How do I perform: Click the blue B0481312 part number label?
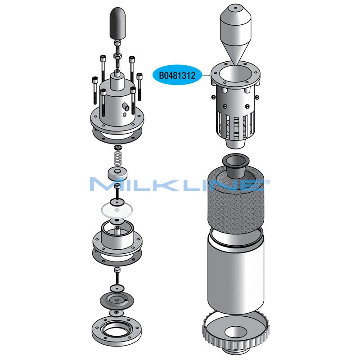(177, 75)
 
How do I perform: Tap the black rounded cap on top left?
(118, 23)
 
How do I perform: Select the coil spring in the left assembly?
(118, 158)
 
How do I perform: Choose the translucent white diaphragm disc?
(117, 211)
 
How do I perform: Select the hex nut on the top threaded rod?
(117, 56)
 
